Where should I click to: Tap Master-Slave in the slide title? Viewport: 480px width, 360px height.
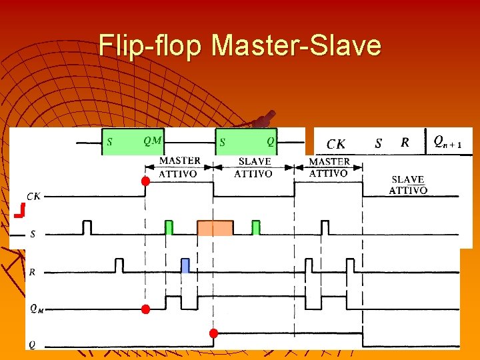(x=297, y=46)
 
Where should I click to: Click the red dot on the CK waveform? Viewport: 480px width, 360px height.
(x=145, y=181)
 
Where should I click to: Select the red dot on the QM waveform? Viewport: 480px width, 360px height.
(x=145, y=309)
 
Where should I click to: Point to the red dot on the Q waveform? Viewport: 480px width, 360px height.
(x=213, y=333)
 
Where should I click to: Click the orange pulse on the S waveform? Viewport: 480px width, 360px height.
(x=215, y=228)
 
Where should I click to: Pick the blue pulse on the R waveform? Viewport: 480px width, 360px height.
(x=185, y=265)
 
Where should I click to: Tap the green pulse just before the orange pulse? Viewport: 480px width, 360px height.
(x=169, y=228)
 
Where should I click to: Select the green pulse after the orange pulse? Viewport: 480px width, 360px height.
(x=256, y=228)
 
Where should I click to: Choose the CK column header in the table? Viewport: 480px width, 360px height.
(x=336, y=143)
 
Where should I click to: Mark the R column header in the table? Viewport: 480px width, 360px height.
(x=405, y=143)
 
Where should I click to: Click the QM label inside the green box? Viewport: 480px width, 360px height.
(x=153, y=141)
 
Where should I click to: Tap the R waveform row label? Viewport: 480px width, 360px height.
(x=32, y=272)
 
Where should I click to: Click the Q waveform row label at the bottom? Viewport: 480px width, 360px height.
(x=31, y=345)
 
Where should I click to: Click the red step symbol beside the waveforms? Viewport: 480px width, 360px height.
(x=19, y=212)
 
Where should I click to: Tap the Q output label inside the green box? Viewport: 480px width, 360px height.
(x=270, y=141)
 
